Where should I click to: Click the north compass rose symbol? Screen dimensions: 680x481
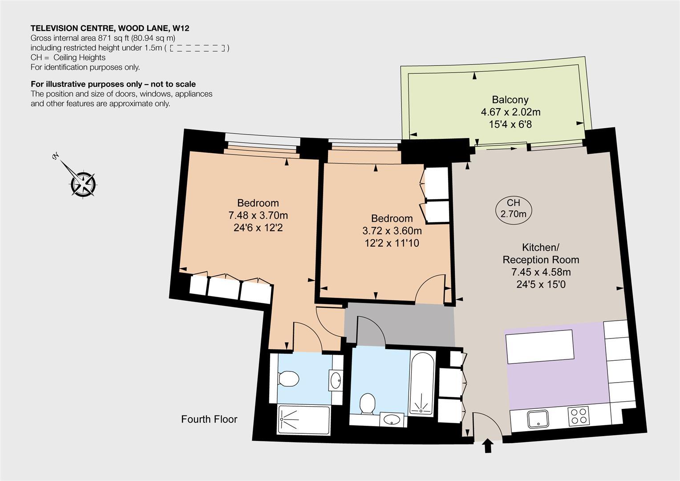click(x=83, y=184)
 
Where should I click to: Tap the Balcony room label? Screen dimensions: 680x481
click(x=510, y=100)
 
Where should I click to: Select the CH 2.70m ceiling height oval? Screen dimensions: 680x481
click(x=514, y=208)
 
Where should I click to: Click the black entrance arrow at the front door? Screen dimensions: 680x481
click(x=488, y=446)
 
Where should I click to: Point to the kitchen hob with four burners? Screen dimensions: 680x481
click(x=579, y=416)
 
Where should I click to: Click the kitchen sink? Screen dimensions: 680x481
click(x=538, y=420)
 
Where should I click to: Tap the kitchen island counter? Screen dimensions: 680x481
click(x=539, y=346)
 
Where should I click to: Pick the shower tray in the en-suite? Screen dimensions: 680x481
click(x=304, y=420)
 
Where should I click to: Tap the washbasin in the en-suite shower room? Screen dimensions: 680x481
click(x=336, y=380)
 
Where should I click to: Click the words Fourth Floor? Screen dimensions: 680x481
click(x=209, y=420)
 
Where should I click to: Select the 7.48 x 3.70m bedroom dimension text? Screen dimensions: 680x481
click(x=258, y=215)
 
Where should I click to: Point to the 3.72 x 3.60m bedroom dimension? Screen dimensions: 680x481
click(x=392, y=231)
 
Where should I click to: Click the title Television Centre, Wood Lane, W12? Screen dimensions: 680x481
click(x=110, y=28)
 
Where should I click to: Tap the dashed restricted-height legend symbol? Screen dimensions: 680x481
click(x=197, y=48)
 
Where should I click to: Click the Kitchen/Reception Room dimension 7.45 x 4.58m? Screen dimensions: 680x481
click(x=541, y=272)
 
